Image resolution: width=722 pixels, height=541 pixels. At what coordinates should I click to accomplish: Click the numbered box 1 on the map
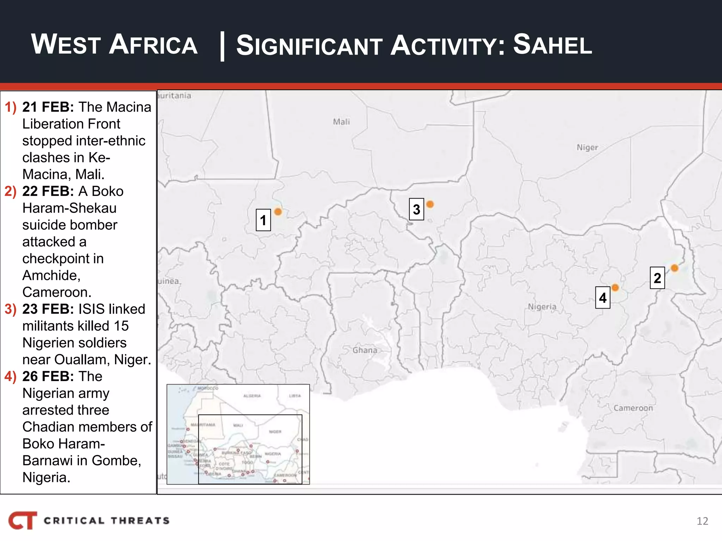coord(263,220)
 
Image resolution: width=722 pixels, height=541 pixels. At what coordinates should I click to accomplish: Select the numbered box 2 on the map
coord(657,278)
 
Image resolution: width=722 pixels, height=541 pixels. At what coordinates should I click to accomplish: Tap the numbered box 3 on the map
coord(416,209)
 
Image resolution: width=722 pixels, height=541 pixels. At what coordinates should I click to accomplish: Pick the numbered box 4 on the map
coord(602,298)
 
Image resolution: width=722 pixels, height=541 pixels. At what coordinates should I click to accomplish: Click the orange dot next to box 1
coord(278,211)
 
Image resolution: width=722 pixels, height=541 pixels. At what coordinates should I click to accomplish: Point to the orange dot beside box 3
coord(430,204)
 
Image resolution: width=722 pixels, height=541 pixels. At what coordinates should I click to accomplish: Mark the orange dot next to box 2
coord(674,268)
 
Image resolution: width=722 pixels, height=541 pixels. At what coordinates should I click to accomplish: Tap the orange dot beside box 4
coord(615,287)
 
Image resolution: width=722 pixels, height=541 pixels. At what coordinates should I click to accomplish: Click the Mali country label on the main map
coord(341,122)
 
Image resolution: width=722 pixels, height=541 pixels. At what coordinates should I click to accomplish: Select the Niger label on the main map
coord(587,147)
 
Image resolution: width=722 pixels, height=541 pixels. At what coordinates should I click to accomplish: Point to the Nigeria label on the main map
coord(542,307)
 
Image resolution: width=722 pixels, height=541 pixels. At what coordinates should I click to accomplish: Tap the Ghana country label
coord(365,350)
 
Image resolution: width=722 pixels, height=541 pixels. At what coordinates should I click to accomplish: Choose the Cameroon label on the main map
coord(633,408)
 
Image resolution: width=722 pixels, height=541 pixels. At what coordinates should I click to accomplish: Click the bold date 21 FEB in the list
coord(48,107)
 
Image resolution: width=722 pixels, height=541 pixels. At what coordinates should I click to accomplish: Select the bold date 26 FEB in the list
coord(48,377)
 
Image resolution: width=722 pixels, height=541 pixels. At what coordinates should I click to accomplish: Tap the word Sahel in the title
coord(552,45)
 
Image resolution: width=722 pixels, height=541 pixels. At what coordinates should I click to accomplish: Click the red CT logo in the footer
coord(23,520)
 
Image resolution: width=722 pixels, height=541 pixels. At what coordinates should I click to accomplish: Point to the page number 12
coord(702,521)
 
